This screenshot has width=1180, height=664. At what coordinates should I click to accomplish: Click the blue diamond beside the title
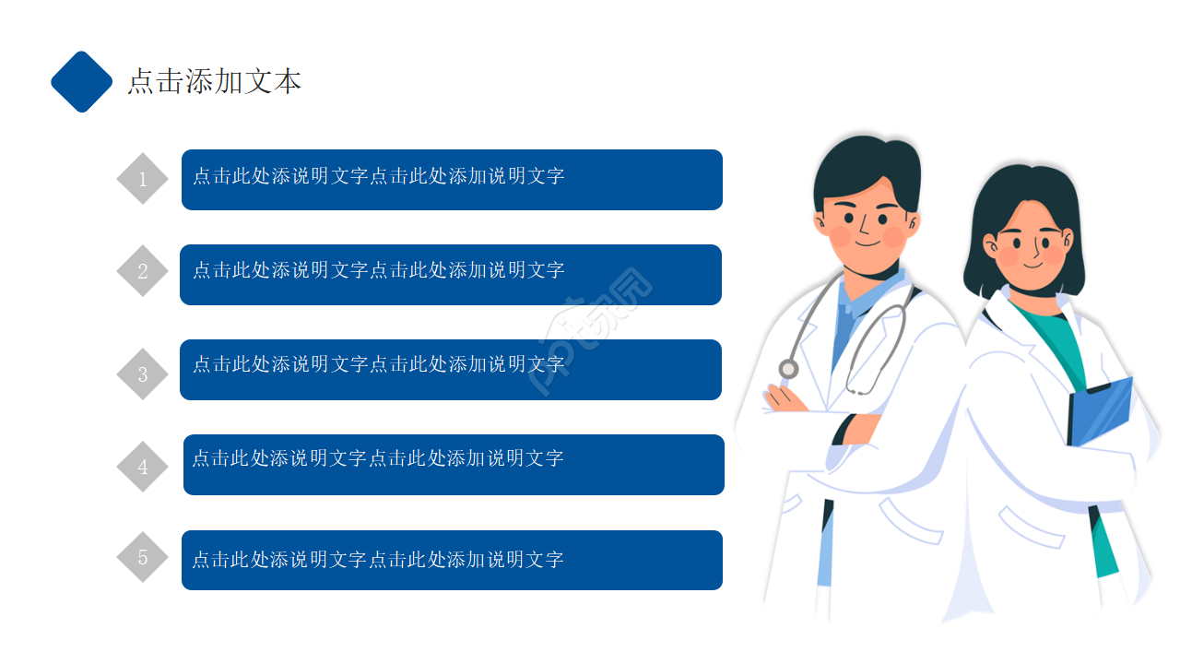click(82, 82)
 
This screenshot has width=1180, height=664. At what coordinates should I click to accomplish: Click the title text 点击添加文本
click(215, 82)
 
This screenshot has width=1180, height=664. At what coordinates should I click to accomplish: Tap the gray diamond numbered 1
click(142, 179)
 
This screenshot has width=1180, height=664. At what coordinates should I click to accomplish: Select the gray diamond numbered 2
click(142, 270)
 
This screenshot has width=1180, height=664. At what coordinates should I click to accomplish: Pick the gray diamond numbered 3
click(142, 373)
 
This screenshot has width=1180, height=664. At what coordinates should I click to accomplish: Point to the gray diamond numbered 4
click(142, 467)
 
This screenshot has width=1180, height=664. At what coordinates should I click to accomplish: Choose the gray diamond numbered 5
click(142, 557)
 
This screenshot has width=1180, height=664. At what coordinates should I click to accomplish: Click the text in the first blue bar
click(378, 176)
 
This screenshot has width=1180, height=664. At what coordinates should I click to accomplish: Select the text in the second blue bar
click(378, 270)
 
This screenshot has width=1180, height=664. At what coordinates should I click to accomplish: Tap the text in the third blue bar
click(378, 364)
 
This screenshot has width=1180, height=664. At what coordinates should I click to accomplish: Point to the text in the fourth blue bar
click(378, 458)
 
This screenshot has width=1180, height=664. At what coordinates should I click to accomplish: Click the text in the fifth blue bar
click(378, 560)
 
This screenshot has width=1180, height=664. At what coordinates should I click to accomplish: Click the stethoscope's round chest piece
click(788, 369)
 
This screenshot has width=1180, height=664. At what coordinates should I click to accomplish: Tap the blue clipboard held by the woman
click(1100, 412)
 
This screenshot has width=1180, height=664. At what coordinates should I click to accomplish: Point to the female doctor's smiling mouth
click(1032, 264)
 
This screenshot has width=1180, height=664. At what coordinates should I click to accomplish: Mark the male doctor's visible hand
click(785, 399)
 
